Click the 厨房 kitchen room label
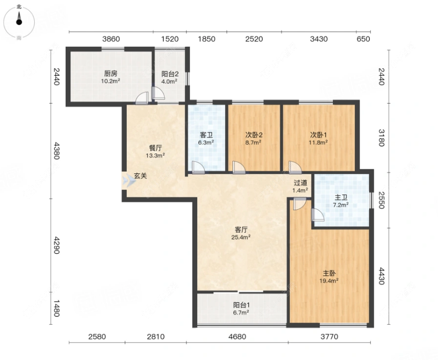pos(110,74)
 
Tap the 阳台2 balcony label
pos(170,74)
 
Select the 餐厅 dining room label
pos(155,148)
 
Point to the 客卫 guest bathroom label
pos(206,135)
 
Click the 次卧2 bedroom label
pos(254,135)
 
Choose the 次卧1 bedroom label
pos(319,135)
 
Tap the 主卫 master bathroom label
pos(341,198)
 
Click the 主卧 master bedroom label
pos(329,273)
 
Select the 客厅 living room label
pos(241,230)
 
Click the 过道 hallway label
pos(300,183)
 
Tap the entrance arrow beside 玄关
pos(129,181)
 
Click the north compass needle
pos(19,19)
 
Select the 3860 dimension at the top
pos(111,39)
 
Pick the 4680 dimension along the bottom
pos(237,336)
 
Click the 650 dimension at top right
pos(363,39)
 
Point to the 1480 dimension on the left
pos(57,308)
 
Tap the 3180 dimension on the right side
pos(381,138)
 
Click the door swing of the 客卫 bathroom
pos(198,167)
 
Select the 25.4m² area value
pos(241,238)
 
